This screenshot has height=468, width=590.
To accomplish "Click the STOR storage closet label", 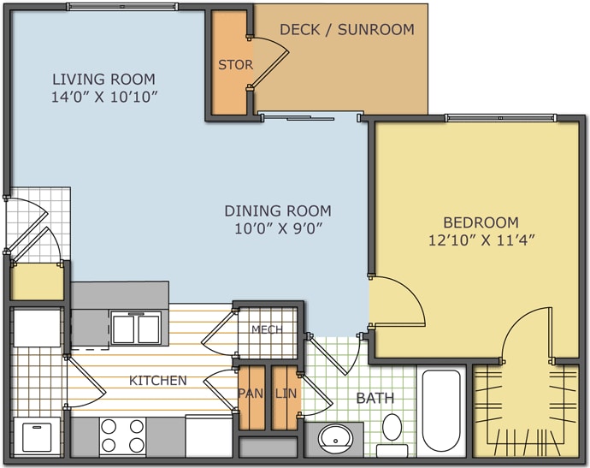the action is point(235,65).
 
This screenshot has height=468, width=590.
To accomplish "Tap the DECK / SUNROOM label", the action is point(347,29).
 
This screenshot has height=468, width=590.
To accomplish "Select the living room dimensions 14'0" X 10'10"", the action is point(103,97).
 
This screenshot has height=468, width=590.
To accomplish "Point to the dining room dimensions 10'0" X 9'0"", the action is point(279,228).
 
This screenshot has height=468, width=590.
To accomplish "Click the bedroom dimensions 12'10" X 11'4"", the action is point(481,240).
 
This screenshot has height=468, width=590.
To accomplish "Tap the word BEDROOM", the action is point(481,222).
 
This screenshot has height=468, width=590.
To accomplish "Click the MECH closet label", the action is point(267,329).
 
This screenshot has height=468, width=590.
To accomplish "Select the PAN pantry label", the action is point(251,394).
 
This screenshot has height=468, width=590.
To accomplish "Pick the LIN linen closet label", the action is point(286,394).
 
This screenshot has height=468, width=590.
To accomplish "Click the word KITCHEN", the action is point(158,380).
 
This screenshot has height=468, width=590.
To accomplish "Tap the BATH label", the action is point(375,398).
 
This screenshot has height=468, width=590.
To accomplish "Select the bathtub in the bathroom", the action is point(441,413).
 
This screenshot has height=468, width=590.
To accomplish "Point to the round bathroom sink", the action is point(336,439).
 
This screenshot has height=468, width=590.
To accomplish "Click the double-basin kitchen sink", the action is point(136,328).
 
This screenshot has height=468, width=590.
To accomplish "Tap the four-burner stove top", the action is point(122,436).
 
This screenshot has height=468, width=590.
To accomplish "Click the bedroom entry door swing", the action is point(397,301).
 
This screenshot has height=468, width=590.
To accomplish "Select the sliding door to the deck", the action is point(310,117).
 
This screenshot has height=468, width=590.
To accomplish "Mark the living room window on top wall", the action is point(122,6).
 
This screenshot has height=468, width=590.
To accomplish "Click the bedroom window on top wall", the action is point(500,118).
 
